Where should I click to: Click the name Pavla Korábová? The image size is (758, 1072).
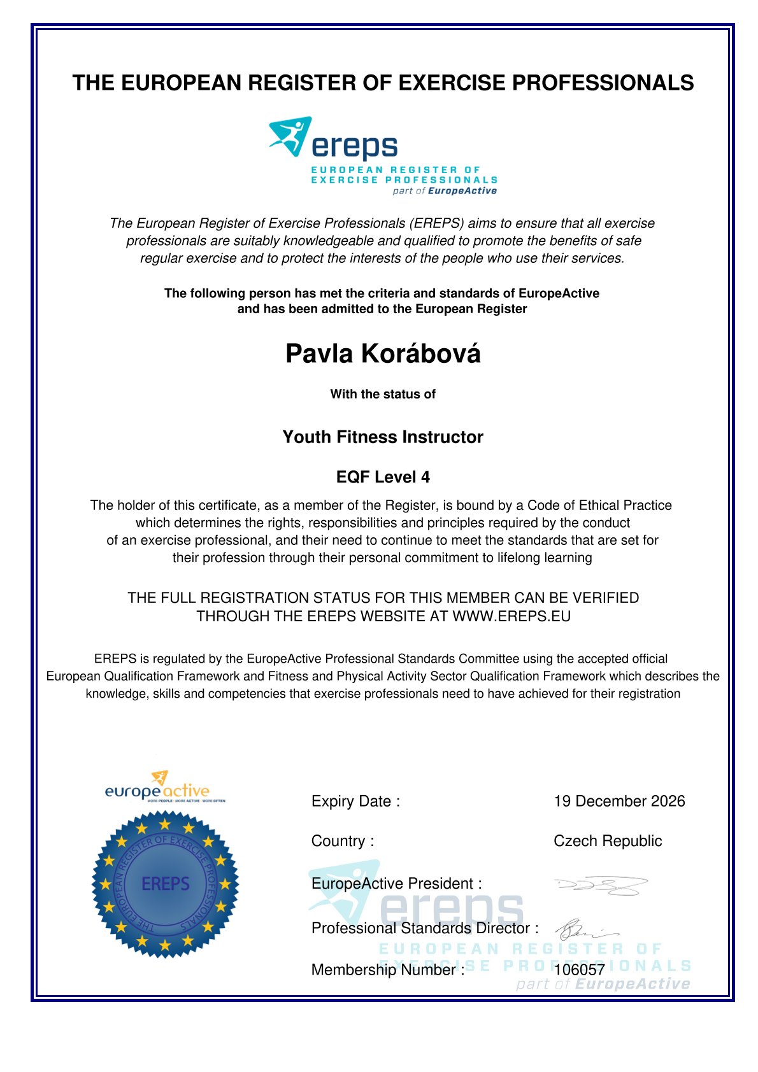(x=383, y=354)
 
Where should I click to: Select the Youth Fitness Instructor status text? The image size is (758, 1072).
(x=383, y=437)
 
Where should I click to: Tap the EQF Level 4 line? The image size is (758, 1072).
(x=383, y=477)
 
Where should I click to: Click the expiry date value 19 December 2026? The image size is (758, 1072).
(x=619, y=801)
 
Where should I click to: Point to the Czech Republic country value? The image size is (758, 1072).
(x=608, y=841)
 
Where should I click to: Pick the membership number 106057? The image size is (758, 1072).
(x=579, y=970)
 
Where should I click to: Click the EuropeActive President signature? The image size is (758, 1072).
(x=601, y=885)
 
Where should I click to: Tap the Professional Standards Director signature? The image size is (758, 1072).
(x=583, y=930)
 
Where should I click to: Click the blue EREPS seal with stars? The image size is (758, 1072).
(x=165, y=884)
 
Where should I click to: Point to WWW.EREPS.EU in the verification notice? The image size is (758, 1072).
(x=511, y=616)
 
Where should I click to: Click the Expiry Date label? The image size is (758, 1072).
(x=355, y=801)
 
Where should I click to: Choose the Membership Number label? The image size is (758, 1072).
(x=387, y=970)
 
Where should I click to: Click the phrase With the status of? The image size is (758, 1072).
(x=383, y=394)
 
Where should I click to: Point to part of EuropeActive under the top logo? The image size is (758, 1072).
(x=445, y=191)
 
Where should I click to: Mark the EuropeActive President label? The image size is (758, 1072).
(x=396, y=884)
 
